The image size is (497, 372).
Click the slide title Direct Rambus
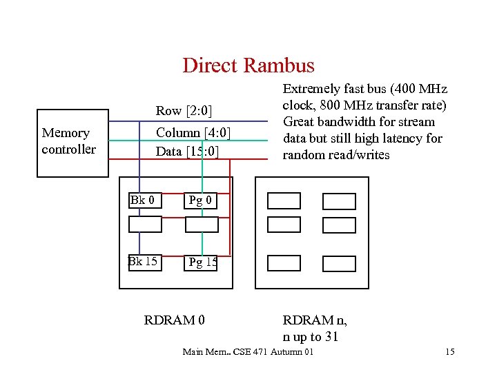[248, 65]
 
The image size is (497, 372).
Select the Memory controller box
[72, 143]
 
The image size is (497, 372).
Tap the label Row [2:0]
[184, 111]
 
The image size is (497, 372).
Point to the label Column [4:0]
[193, 133]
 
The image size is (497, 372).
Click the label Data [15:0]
[187, 150]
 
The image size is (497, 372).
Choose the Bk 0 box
[146, 200]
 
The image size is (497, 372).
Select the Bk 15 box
[145, 262]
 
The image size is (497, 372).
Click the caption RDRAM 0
[174, 320]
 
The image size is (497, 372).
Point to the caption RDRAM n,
[315, 320]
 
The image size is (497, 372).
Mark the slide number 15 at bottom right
[449, 353]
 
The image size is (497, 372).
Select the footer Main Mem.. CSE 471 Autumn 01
[248, 353]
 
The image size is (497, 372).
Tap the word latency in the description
[403, 138]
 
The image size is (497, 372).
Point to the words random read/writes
[336, 154]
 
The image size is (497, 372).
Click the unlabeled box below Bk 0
[146, 224]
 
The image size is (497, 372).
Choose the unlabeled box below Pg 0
[202, 224]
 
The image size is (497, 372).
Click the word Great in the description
[299, 122]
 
